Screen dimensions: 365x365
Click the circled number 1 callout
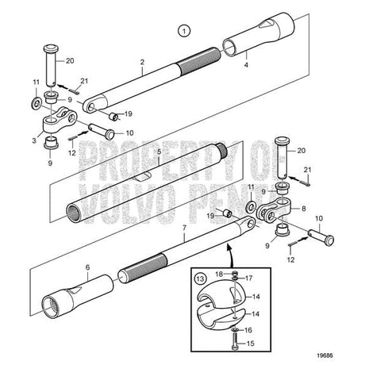click(184, 31)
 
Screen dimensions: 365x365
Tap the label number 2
click(142, 62)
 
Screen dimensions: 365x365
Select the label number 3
click(34, 140)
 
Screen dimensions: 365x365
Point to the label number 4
click(246, 65)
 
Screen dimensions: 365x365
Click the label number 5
click(159, 152)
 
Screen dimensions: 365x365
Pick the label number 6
click(88, 267)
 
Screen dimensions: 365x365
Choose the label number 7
click(184, 228)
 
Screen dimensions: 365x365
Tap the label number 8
click(304, 209)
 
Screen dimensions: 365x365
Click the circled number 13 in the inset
click(200, 279)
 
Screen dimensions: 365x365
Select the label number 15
click(250, 344)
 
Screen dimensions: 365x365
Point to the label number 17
click(249, 279)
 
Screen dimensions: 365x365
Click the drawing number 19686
click(325, 355)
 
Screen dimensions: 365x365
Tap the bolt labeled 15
click(235, 341)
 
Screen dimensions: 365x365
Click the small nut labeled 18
click(234, 273)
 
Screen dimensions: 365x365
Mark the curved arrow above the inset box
click(230, 255)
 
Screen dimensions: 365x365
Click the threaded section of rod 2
click(198, 62)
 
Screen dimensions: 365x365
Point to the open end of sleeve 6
click(51, 308)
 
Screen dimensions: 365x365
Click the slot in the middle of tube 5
click(143, 177)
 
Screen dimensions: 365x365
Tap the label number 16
click(248, 330)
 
